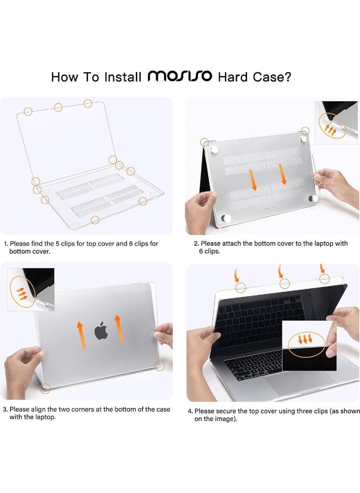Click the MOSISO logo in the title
[180, 76]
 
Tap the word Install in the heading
[122, 77]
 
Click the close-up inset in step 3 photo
[30, 289]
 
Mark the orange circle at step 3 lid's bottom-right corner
[159, 366]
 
